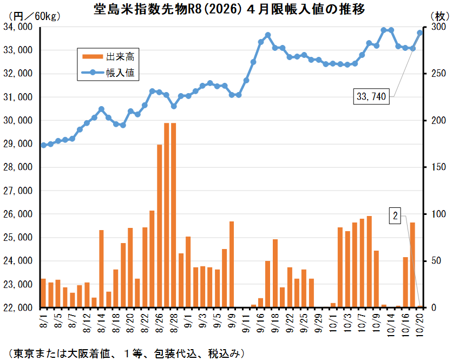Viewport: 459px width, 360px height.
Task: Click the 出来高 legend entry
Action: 108,56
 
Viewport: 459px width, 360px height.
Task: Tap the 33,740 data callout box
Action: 372,97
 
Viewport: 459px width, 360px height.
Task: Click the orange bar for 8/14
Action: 101,269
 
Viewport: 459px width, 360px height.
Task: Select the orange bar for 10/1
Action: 333,305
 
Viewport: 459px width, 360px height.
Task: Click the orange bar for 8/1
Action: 43,293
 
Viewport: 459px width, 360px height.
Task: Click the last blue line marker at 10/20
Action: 419,32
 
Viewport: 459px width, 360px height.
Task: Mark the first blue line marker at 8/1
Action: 43,145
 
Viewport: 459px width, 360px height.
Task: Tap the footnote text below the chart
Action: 124,352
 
